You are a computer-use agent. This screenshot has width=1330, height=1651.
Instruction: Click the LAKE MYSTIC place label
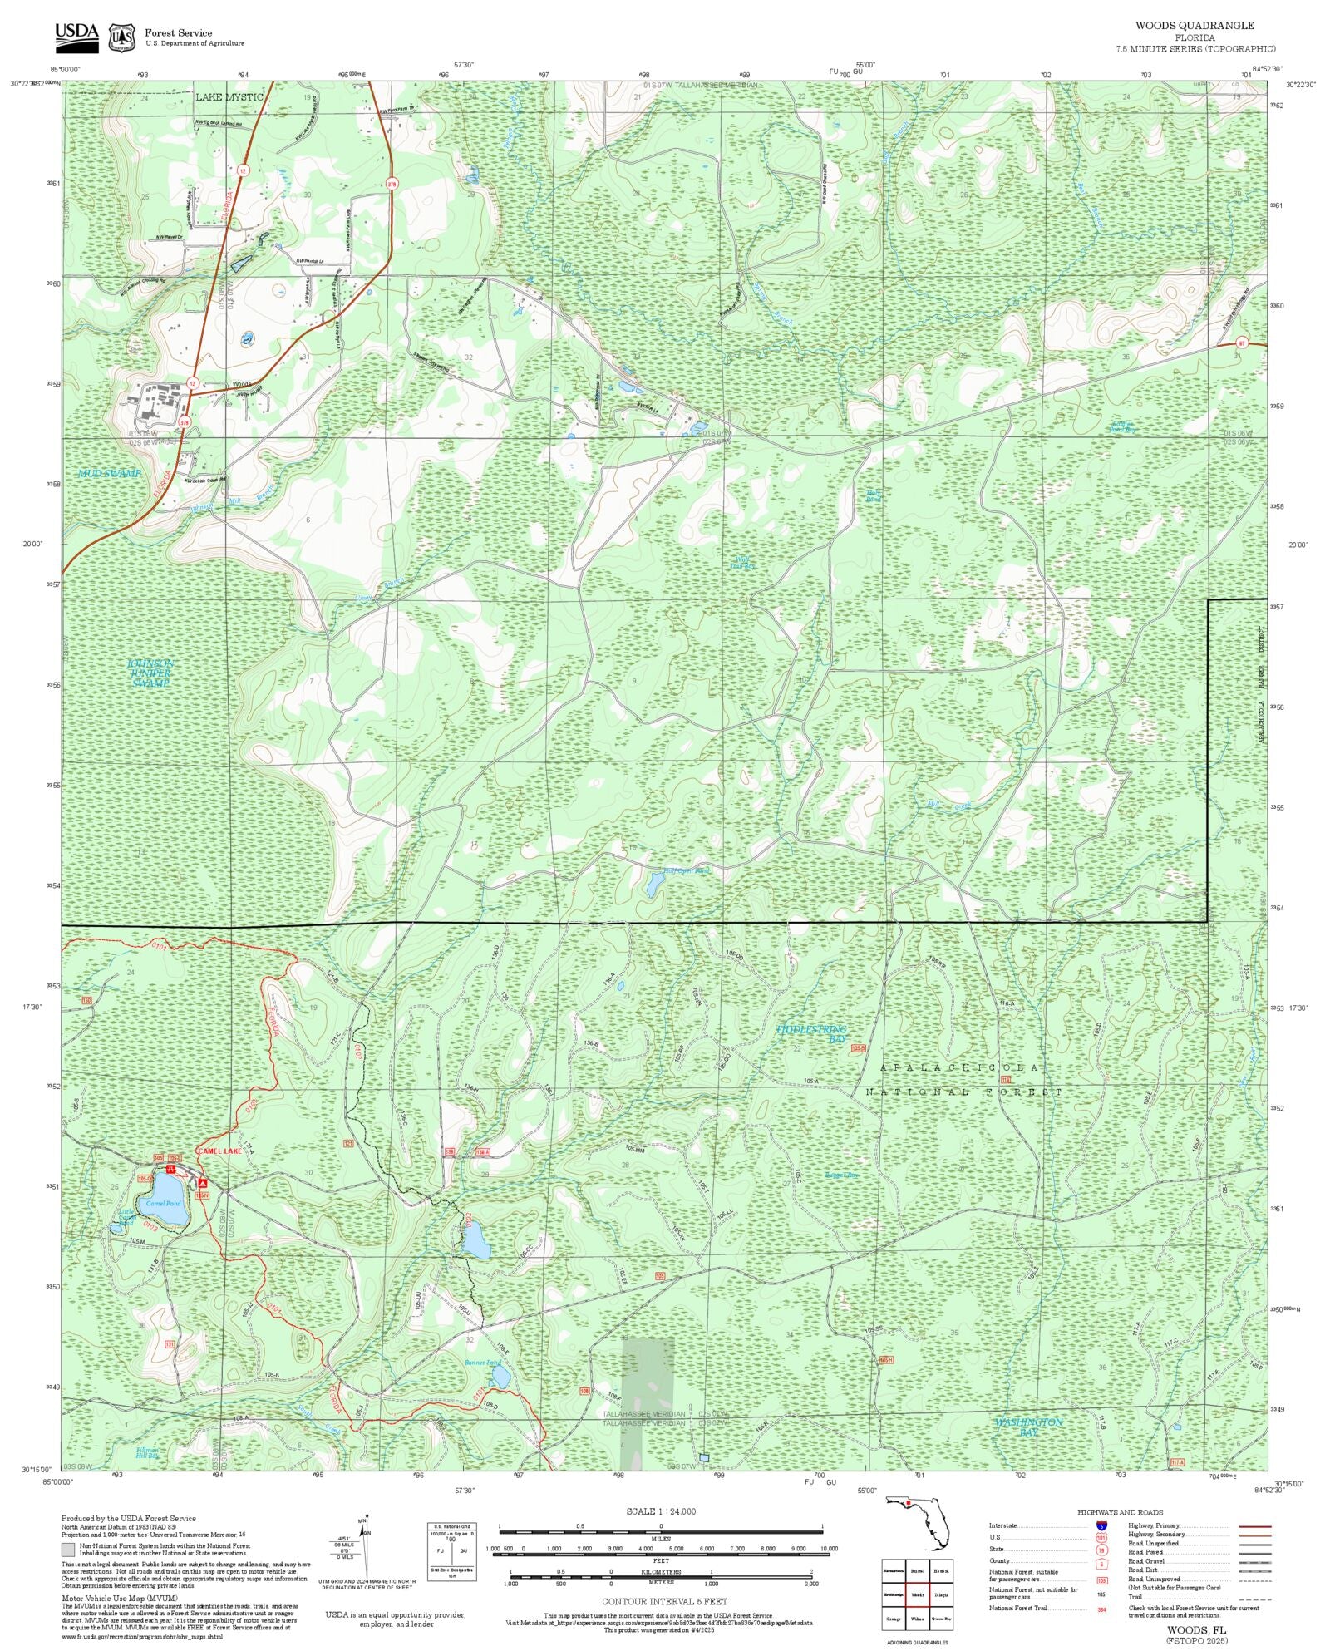tap(229, 97)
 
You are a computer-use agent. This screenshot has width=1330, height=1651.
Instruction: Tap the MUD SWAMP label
tap(110, 473)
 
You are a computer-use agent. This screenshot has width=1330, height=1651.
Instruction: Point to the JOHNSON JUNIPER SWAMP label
tap(150, 673)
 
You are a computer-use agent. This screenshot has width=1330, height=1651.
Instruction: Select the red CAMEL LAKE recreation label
tap(219, 1151)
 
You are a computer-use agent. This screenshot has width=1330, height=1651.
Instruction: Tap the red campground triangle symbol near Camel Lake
tap(203, 1182)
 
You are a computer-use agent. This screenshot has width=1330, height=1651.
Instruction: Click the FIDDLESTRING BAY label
tap(811, 1034)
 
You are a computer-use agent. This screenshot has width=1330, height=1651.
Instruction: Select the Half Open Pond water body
tap(653, 886)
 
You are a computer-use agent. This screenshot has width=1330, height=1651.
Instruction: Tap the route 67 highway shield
tap(1241, 343)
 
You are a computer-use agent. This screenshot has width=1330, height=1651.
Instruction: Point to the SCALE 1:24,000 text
tap(661, 1511)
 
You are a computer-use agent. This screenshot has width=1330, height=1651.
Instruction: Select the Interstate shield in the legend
tap(1101, 1526)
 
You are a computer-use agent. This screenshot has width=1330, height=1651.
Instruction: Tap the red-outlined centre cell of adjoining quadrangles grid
tap(918, 1594)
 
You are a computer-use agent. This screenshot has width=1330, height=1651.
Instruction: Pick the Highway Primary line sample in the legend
tap(1254, 1526)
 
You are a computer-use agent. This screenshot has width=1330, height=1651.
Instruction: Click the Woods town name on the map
tap(242, 384)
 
